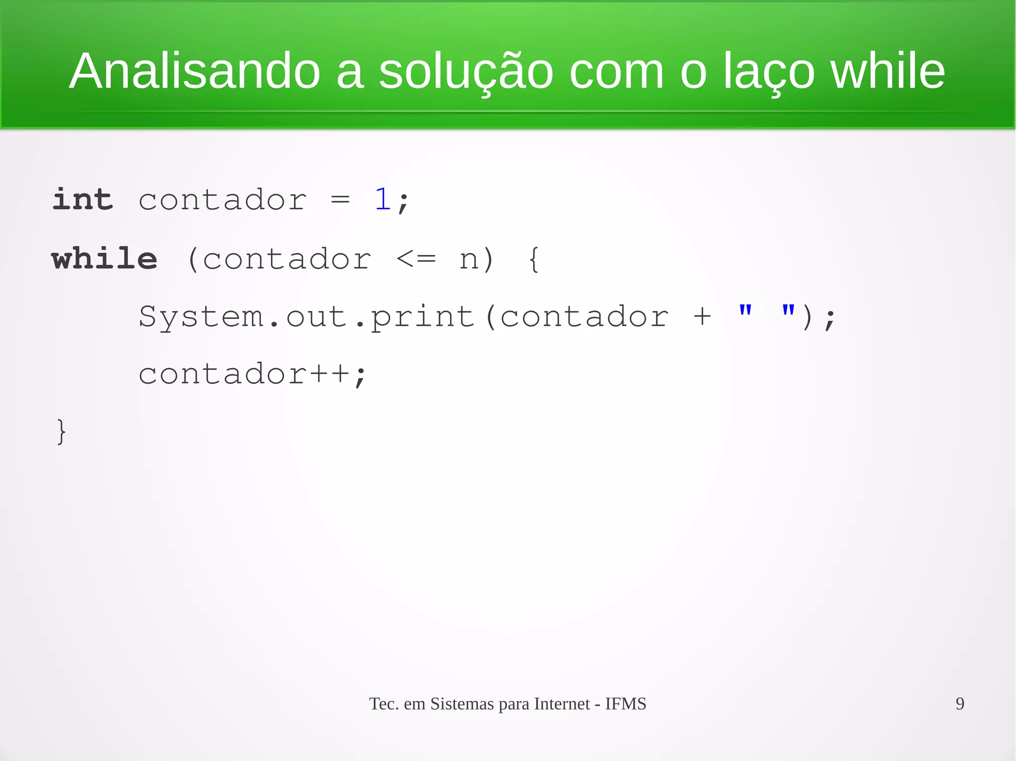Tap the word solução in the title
tap(466, 72)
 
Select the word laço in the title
tap(768, 72)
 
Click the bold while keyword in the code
tap(105, 258)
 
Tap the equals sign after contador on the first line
tap(340, 200)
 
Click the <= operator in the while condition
tap(416, 258)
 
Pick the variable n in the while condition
tap(469, 259)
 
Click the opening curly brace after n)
tap(534, 259)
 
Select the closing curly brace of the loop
tap(61, 431)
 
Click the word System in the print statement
tap(201, 317)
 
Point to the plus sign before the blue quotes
tap(702, 317)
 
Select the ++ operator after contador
tap(329, 374)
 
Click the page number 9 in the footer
tap(959, 703)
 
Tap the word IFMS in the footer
tap(626, 703)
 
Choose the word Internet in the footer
tap(562, 703)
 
